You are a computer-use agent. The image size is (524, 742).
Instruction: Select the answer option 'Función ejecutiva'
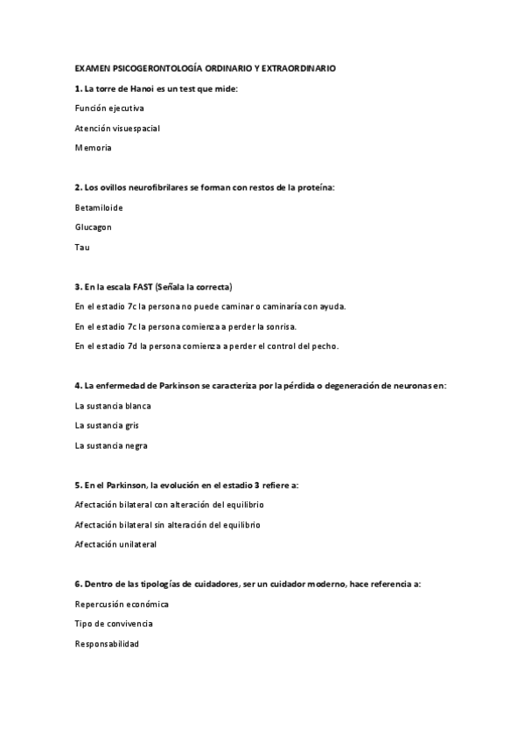[x=109, y=108]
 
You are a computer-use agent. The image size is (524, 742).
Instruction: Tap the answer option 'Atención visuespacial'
[x=117, y=129]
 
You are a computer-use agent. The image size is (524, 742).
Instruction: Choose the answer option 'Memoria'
[x=94, y=149]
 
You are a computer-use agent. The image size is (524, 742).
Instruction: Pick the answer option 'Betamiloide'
[x=99, y=207]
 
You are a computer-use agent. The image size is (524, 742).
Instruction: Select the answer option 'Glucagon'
[x=94, y=227]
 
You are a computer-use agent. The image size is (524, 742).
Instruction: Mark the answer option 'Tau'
[x=82, y=248]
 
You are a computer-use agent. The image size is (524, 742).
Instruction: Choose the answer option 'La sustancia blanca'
[x=114, y=406]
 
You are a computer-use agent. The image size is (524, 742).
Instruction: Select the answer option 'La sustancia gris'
[x=107, y=425]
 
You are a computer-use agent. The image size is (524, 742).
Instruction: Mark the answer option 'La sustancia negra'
[x=111, y=445]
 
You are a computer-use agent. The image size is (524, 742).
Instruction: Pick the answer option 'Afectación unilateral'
[x=115, y=544]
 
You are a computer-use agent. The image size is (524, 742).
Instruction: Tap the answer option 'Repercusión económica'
[x=122, y=605]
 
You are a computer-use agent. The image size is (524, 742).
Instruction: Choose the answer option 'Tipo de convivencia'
[x=114, y=624]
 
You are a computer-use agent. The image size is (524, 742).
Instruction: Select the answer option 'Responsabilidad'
[x=107, y=644]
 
